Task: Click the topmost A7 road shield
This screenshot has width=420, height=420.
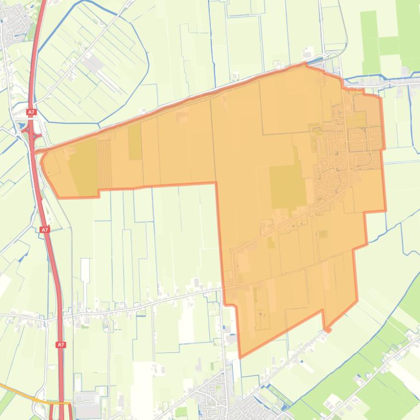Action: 31,112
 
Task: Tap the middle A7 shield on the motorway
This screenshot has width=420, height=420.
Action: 45,230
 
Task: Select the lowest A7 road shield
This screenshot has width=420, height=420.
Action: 61,345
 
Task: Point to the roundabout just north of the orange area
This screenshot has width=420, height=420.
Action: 332,56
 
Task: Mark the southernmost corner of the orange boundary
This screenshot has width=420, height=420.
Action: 240,357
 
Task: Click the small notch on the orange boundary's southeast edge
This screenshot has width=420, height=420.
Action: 327,329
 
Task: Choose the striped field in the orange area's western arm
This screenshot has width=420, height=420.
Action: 104,163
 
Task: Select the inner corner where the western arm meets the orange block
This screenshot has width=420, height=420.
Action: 216,183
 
